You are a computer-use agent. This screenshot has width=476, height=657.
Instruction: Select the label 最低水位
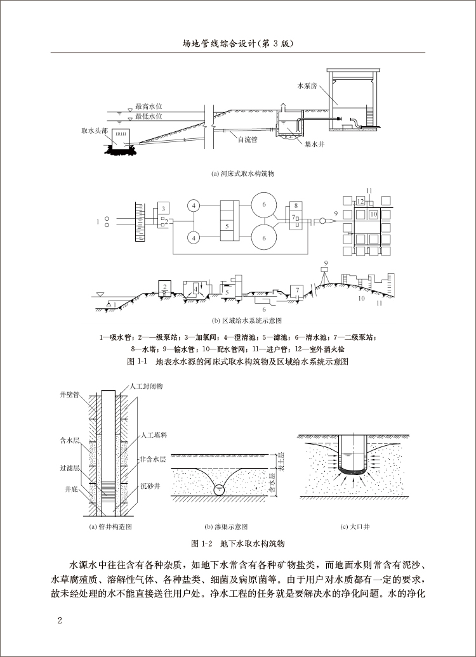(x=148, y=117)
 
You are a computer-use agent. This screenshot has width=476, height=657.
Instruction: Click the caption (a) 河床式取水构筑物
(x=237, y=172)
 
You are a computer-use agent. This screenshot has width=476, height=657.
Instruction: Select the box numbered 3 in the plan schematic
(x=163, y=209)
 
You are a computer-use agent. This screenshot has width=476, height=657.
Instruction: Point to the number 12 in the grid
(x=360, y=201)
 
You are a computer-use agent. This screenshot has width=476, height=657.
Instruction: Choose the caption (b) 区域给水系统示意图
(x=238, y=320)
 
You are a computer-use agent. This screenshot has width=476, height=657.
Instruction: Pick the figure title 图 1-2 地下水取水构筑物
(x=238, y=544)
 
